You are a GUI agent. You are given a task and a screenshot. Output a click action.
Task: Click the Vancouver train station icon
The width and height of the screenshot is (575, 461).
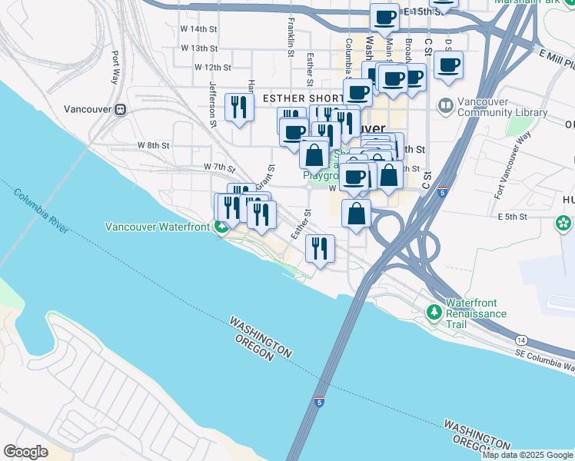coord(121,109)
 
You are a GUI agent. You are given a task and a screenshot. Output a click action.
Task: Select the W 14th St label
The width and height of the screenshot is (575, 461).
coord(199,29)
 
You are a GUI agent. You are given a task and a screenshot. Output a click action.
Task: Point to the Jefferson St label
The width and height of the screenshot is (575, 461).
coord(213,101)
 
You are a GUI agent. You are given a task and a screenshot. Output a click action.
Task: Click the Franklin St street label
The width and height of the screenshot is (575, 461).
coord(291,38)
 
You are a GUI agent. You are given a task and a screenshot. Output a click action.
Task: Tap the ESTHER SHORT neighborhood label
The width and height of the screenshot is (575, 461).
coord(303,99)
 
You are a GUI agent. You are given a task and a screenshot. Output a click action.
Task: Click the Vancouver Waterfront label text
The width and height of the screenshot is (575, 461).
coord(158,227)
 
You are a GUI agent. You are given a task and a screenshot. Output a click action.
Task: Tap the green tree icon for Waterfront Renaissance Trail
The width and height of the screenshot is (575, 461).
coord(434,313)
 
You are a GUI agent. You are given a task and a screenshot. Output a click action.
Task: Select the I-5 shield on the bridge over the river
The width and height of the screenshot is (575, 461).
coord(318,402)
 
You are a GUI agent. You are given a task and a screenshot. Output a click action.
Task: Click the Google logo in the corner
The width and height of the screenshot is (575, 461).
coord(25,452)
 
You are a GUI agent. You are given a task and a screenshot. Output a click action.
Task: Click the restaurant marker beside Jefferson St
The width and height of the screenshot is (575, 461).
coord(239,108)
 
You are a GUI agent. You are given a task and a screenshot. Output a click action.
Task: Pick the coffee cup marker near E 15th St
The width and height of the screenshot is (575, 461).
coord(384,17)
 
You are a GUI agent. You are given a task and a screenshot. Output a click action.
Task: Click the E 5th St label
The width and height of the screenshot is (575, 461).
coord(512,217)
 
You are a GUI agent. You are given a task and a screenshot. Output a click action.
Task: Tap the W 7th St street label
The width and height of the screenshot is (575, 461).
coord(219,167)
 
